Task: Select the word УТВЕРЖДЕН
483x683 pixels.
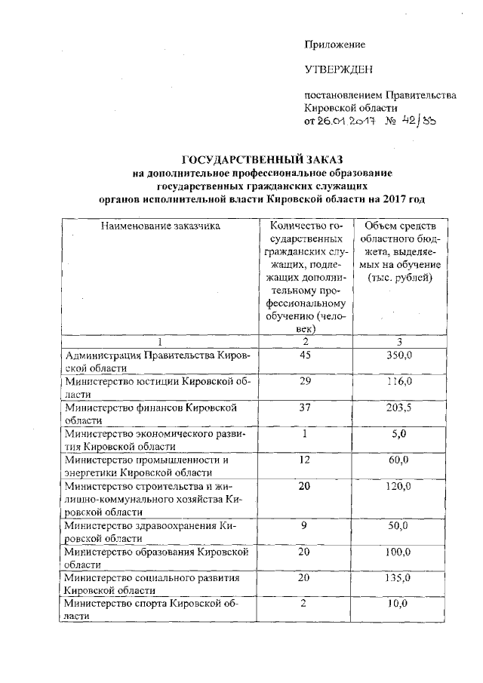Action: [339, 71]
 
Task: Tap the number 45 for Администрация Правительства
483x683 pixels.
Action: [306, 355]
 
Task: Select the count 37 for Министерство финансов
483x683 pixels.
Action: [306, 408]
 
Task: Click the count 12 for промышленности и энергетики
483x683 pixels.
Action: [306, 460]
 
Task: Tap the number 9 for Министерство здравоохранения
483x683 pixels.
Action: [306, 525]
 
